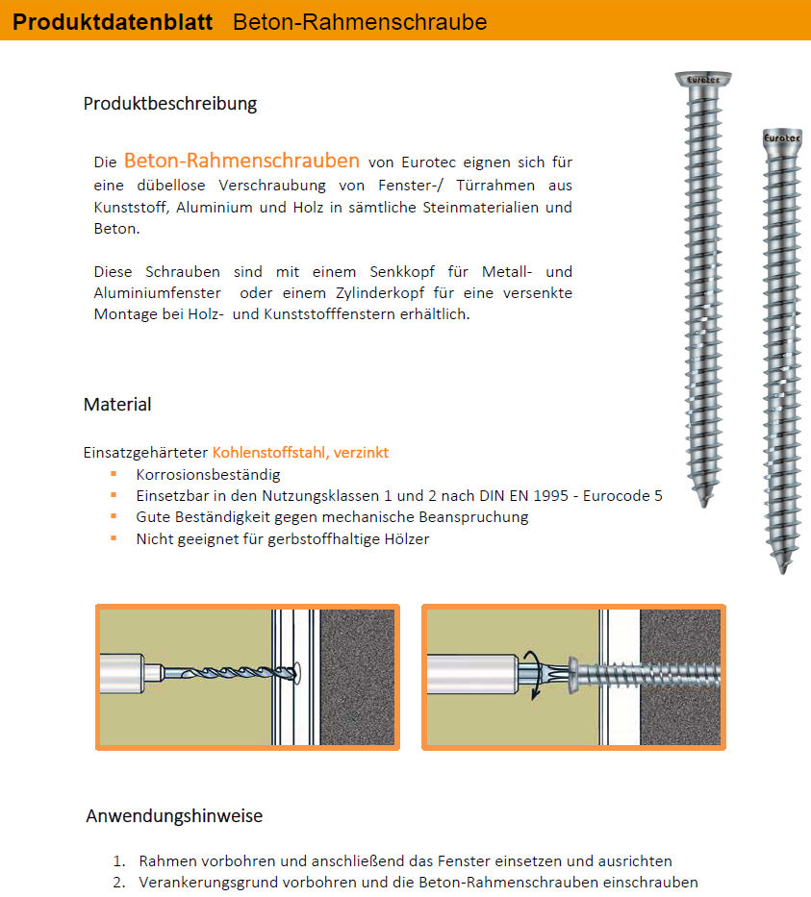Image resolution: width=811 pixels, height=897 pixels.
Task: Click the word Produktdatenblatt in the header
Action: [113, 21]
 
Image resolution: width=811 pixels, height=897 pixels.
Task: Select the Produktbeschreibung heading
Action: [170, 103]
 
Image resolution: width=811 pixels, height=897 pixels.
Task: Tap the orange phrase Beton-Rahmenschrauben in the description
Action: [241, 161]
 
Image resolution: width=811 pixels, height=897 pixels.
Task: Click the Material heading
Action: [117, 404]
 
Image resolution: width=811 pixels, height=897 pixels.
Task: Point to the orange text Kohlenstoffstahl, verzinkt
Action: [300, 452]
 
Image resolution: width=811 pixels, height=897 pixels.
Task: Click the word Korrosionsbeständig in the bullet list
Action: [208, 474]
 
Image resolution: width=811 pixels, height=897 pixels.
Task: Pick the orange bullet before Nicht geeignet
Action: [114, 538]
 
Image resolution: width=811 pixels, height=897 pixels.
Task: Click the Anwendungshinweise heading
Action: [174, 816]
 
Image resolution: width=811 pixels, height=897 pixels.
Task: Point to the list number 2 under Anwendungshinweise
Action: [118, 882]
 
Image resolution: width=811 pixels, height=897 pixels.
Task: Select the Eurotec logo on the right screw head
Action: [781, 138]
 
